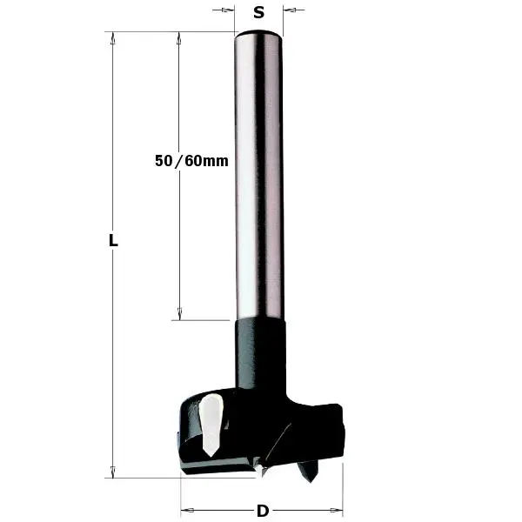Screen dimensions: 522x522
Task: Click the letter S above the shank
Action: [x=258, y=12]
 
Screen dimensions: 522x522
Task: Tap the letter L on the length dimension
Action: [x=112, y=242]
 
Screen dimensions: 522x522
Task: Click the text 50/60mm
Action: [x=191, y=161]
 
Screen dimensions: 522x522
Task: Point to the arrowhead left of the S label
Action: [x=230, y=11]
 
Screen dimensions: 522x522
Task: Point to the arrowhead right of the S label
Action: [x=289, y=11]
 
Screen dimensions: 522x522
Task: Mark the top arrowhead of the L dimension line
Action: [x=111, y=38]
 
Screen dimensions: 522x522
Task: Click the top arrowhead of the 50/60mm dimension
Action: [x=179, y=38]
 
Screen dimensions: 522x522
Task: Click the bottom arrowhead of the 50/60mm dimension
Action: [x=179, y=313]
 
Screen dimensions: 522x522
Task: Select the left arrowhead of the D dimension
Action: [x=186, y=511]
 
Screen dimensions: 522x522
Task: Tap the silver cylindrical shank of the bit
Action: [x=258, y=174]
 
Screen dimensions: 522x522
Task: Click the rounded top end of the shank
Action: [x=258, y=35]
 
